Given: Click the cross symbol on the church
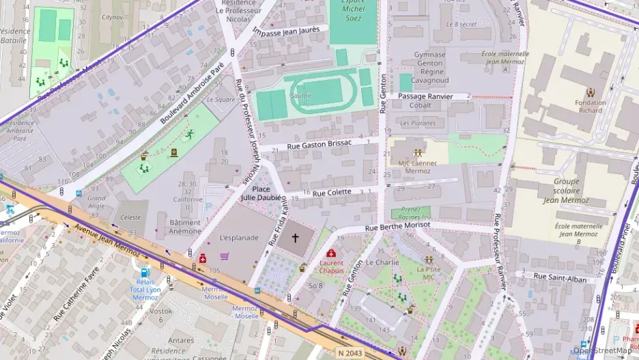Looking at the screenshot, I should pyautogui.click(x=296, y=238).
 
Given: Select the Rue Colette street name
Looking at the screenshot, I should pyautogui.click(x=332, y=193).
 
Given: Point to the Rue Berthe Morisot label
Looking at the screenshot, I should pyautogui.click(x=397, y=225).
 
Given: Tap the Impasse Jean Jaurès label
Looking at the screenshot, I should pyautogui.click(x=290, y=31).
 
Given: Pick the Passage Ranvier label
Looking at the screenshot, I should pyautogui.click(x=430, y=96).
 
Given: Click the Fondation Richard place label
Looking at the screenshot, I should pyautogui.click(x=590, y=107).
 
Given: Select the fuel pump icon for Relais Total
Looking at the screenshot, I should pyautogui.click(x=145, y=273).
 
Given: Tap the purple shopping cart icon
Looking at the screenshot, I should pyautogui.click(x=225, y=257).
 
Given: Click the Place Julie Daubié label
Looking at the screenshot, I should pyautogui.click(x=261, y=193).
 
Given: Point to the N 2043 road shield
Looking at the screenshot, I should pyautogui.click(x=350, y=352).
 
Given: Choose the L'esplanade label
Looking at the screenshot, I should pyautogui.click(x=239, y=238).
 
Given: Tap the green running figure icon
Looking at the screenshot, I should pyautogui.click(x=189, y=135).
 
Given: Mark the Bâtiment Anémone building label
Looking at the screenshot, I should pyautogui.click(x=185, y=227).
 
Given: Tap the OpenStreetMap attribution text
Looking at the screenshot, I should pyautogui.click(x=602, y=350).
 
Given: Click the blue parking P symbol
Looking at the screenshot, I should pyautogui.click(x=209, y=205).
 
